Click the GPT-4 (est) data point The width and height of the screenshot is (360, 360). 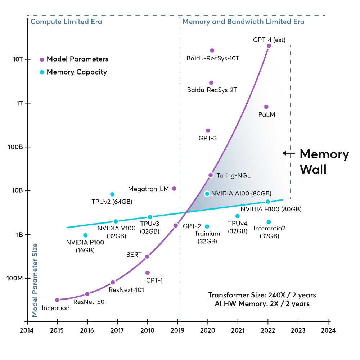tap(269, 46)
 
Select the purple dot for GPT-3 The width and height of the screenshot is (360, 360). tap(208, 131)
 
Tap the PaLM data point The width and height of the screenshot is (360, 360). tap(266, 107)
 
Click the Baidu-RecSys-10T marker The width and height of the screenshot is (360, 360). tap(212, 50)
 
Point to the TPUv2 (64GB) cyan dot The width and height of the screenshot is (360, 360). tap(112, 194)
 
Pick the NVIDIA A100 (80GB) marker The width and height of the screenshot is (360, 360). tap(207, 194)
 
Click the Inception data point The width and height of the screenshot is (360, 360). tap(57, 300)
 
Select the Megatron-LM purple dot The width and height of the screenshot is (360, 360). tap(174, 189)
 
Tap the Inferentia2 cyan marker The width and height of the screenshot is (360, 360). tap(269, 222)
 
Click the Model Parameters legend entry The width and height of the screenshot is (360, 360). tap(74, 59)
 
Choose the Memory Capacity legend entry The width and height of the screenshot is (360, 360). tap(73, 72)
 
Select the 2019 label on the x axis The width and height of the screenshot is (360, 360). tap(177, 330)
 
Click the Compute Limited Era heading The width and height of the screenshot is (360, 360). tap(66, 22)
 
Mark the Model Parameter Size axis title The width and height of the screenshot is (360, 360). tap(35, 280)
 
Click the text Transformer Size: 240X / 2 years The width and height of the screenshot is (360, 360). tap(262, 295)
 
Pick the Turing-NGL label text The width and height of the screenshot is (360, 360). tap(234, 176)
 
